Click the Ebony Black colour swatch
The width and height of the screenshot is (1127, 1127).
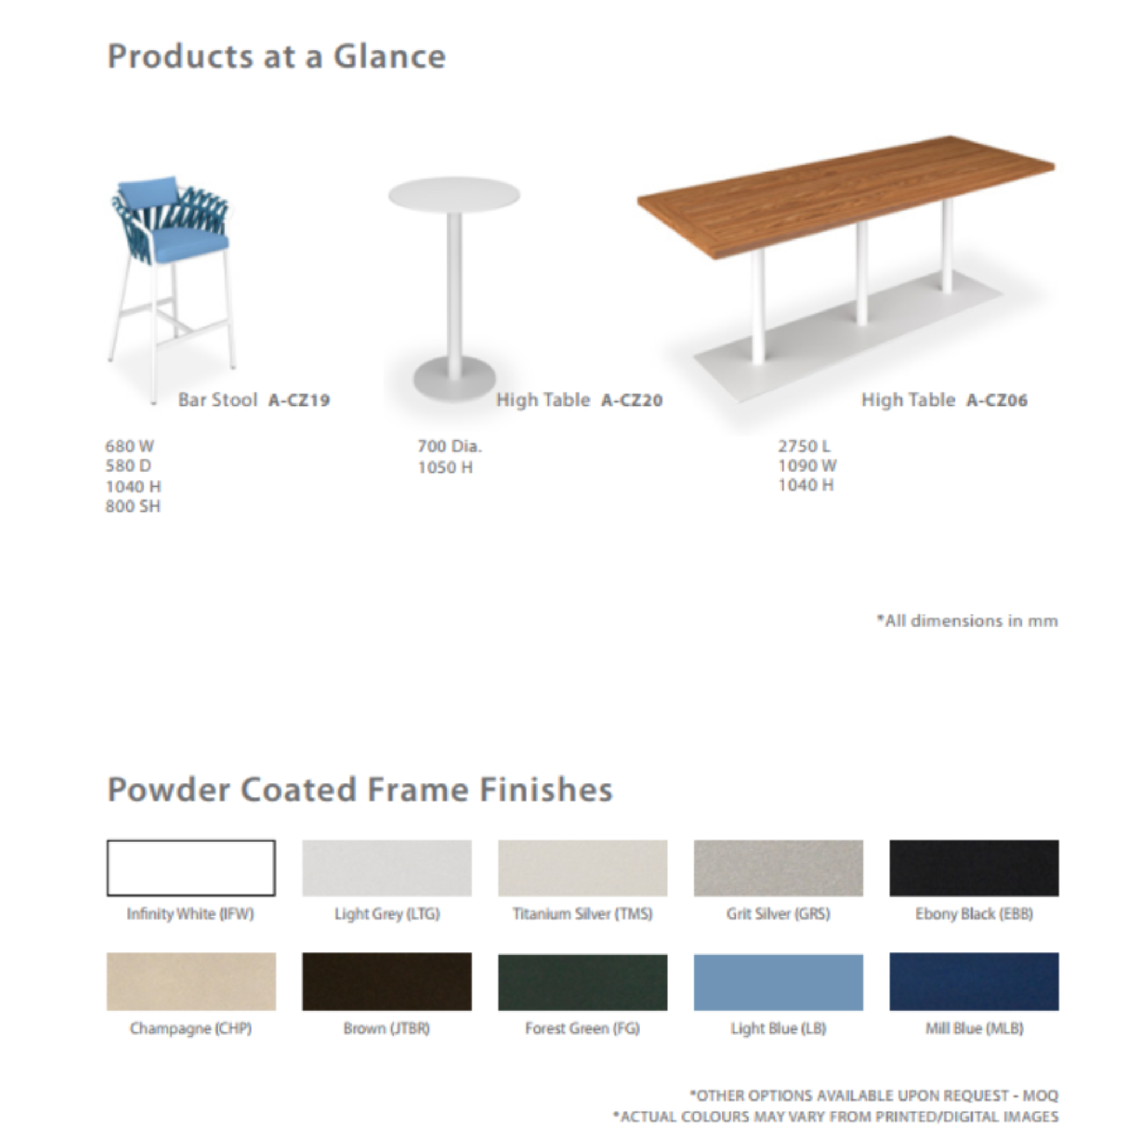[974, 867]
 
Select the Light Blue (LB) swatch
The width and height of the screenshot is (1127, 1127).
[778, 982]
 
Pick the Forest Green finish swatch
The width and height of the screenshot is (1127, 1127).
[582, 982]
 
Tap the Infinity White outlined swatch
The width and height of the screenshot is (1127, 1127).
[191, 867]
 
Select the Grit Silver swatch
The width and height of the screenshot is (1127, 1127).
[778, 867]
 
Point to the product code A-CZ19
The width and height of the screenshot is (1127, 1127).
[299, 400]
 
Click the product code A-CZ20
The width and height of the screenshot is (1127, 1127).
[632, 400]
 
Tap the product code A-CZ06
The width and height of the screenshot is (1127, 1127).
[997, 400]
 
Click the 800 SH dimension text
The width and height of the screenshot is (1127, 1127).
[132, 506]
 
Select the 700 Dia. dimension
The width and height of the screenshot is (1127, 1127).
[450, 446]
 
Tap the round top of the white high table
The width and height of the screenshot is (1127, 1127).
[454, 194]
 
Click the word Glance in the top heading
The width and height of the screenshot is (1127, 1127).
[389, 56]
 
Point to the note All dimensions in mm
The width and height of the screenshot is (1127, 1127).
[967, 620]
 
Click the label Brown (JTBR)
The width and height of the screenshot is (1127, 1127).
[387, 1028]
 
